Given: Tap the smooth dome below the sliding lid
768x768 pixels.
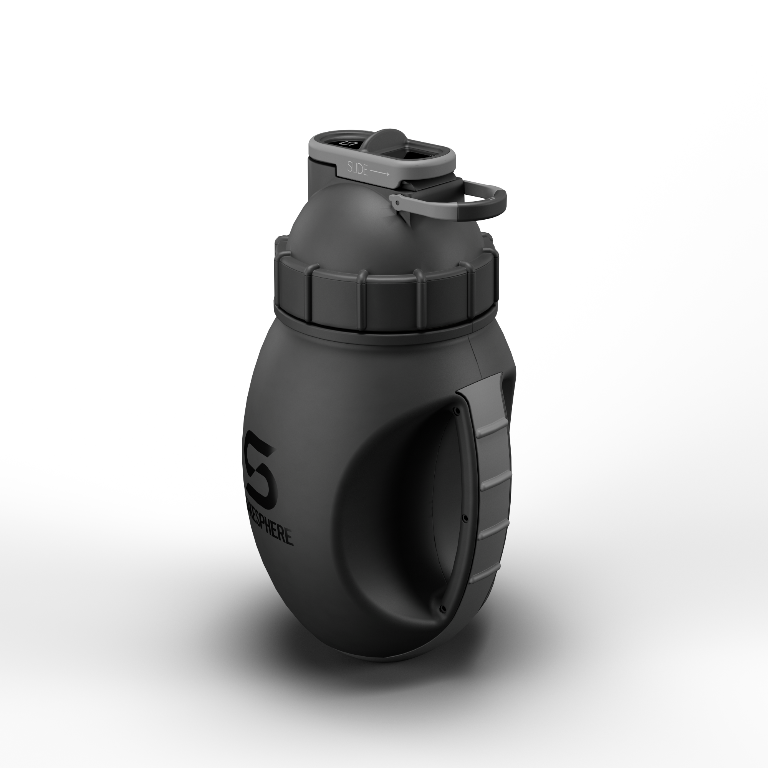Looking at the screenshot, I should point(346,223).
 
